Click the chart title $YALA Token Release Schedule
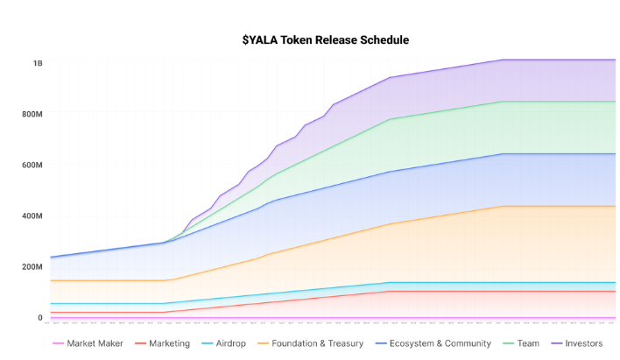(x=326, y=39)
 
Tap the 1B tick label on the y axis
(x=38, y=63)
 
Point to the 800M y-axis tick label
(x=33, y=114)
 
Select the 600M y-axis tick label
(x=33, y=165)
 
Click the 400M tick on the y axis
(x=33, y=215)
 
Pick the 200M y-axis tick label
(x=33, y=266)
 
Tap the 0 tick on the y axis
(x=39, y=317)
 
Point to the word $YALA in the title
(x=260, y=39)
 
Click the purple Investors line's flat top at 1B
(x=560, y=60)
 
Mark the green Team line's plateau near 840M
(x=560, y=102)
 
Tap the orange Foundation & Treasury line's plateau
(x=560, y=206)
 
